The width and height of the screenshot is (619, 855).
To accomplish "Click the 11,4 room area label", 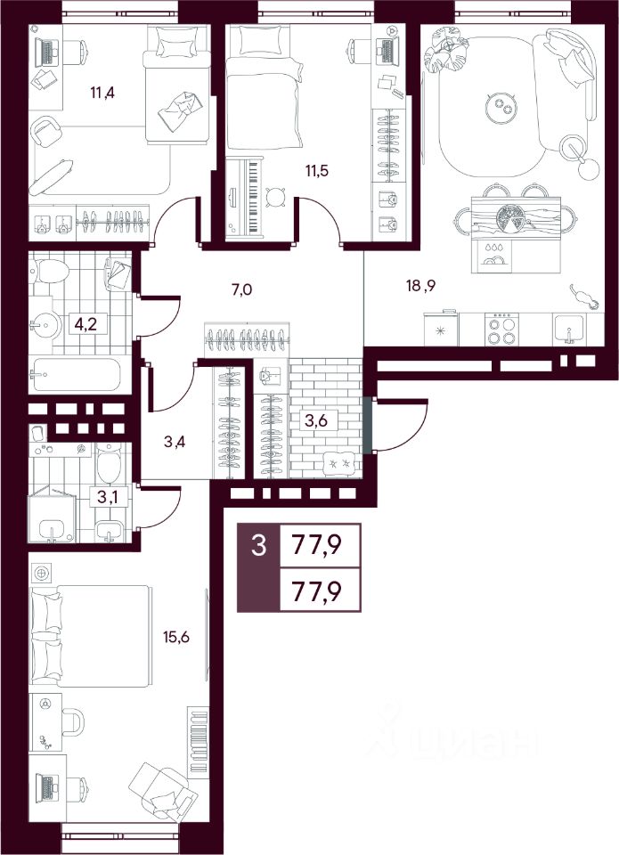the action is pyautogui.click(x=102, y=93).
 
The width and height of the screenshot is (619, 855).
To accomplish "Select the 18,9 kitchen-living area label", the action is pyautogui.click(x=421, y=285).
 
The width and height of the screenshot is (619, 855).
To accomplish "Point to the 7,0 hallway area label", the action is pyautogui.click(x=241, y=289).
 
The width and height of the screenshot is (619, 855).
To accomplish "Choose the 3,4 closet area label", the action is pyautogui.click(x=175, y=442).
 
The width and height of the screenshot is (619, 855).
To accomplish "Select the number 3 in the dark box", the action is pyautogui.click(x=258, y=545).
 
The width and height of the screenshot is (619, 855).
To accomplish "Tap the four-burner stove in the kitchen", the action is pyautogui.click(x=501, y=330).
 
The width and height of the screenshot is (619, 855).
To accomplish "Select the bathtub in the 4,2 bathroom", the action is pyautogui.click(x=76, y=374).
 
